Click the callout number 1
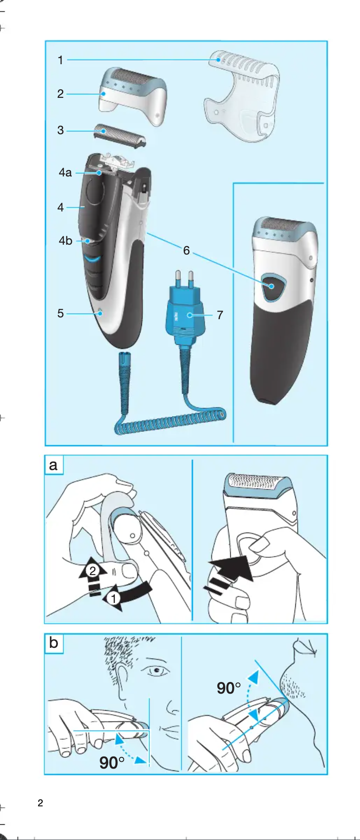(x=61, y=60)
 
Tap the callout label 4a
(x=65, y=172)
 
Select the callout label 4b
(x=66, y=241)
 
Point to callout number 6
(x=186, y=251)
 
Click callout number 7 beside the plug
(x=220, y=315)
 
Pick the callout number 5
(x=61, y=313)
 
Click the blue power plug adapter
(x=184, y=314)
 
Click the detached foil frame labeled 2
(x=132, y=96)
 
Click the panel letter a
(x=53, y=465)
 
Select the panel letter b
(x=53, y=643)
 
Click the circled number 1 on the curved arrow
(x=114, y=598)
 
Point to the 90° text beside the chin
(x=228, y=688)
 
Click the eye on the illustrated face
(x=156, y=671)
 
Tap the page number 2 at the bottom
(x=40, y=803)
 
